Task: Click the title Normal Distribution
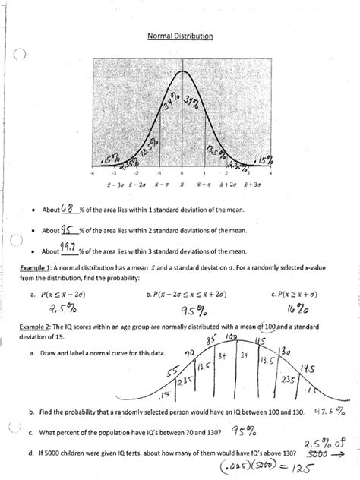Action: point(179,36)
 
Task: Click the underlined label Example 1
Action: point(35,267)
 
